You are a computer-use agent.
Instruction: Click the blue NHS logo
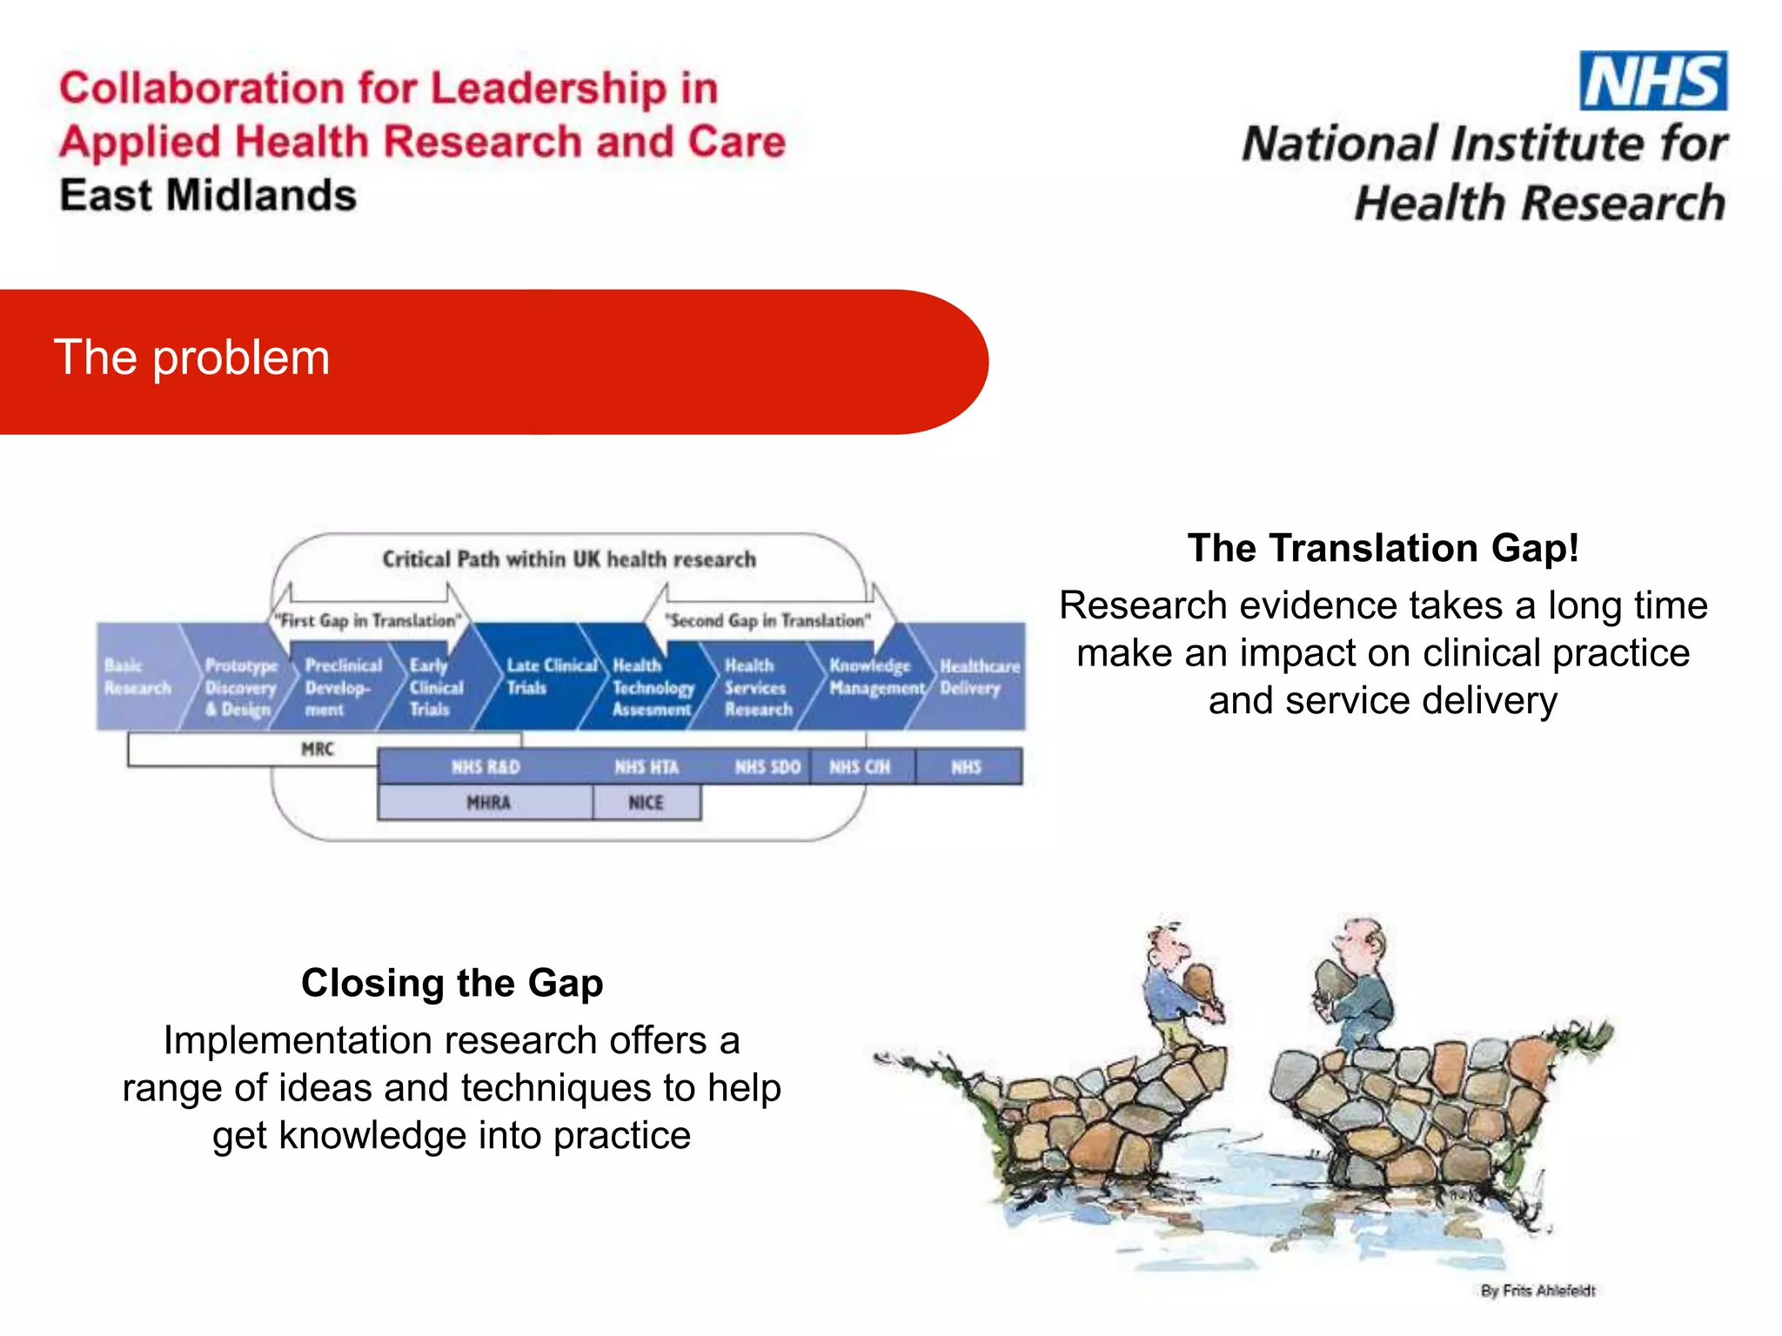pos(1652,81)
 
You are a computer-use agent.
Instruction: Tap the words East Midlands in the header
pos(208,196)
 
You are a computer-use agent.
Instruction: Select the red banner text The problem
pos(191,357)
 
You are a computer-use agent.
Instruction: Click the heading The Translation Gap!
pos(1383,548)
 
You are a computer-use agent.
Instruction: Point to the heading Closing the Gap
pos(452,983)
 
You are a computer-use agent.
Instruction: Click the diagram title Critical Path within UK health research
pos(569,559)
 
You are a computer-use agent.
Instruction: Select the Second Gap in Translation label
pos(767,620)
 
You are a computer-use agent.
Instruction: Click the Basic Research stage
pos(137,677)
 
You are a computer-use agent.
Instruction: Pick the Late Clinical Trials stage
pos(550,677)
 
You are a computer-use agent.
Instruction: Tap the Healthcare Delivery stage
pos(978,677)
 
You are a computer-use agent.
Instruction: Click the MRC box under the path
pos(318,749)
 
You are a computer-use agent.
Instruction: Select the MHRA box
pos(488,803)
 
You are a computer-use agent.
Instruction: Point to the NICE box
pos(646,803)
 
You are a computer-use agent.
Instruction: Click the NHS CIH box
pos(860,767)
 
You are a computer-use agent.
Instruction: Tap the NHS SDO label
pos(767,767)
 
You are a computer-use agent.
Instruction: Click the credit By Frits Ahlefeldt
pos(1537,1291)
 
